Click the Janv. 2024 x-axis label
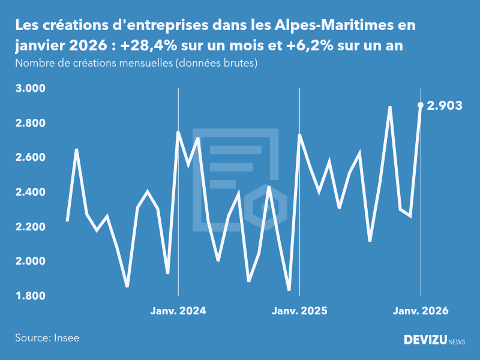178,311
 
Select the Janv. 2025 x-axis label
299,311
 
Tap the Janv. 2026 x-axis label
421,311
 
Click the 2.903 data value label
445,106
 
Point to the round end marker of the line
421,105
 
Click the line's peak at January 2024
178,132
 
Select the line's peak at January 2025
299,135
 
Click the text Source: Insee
47,338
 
